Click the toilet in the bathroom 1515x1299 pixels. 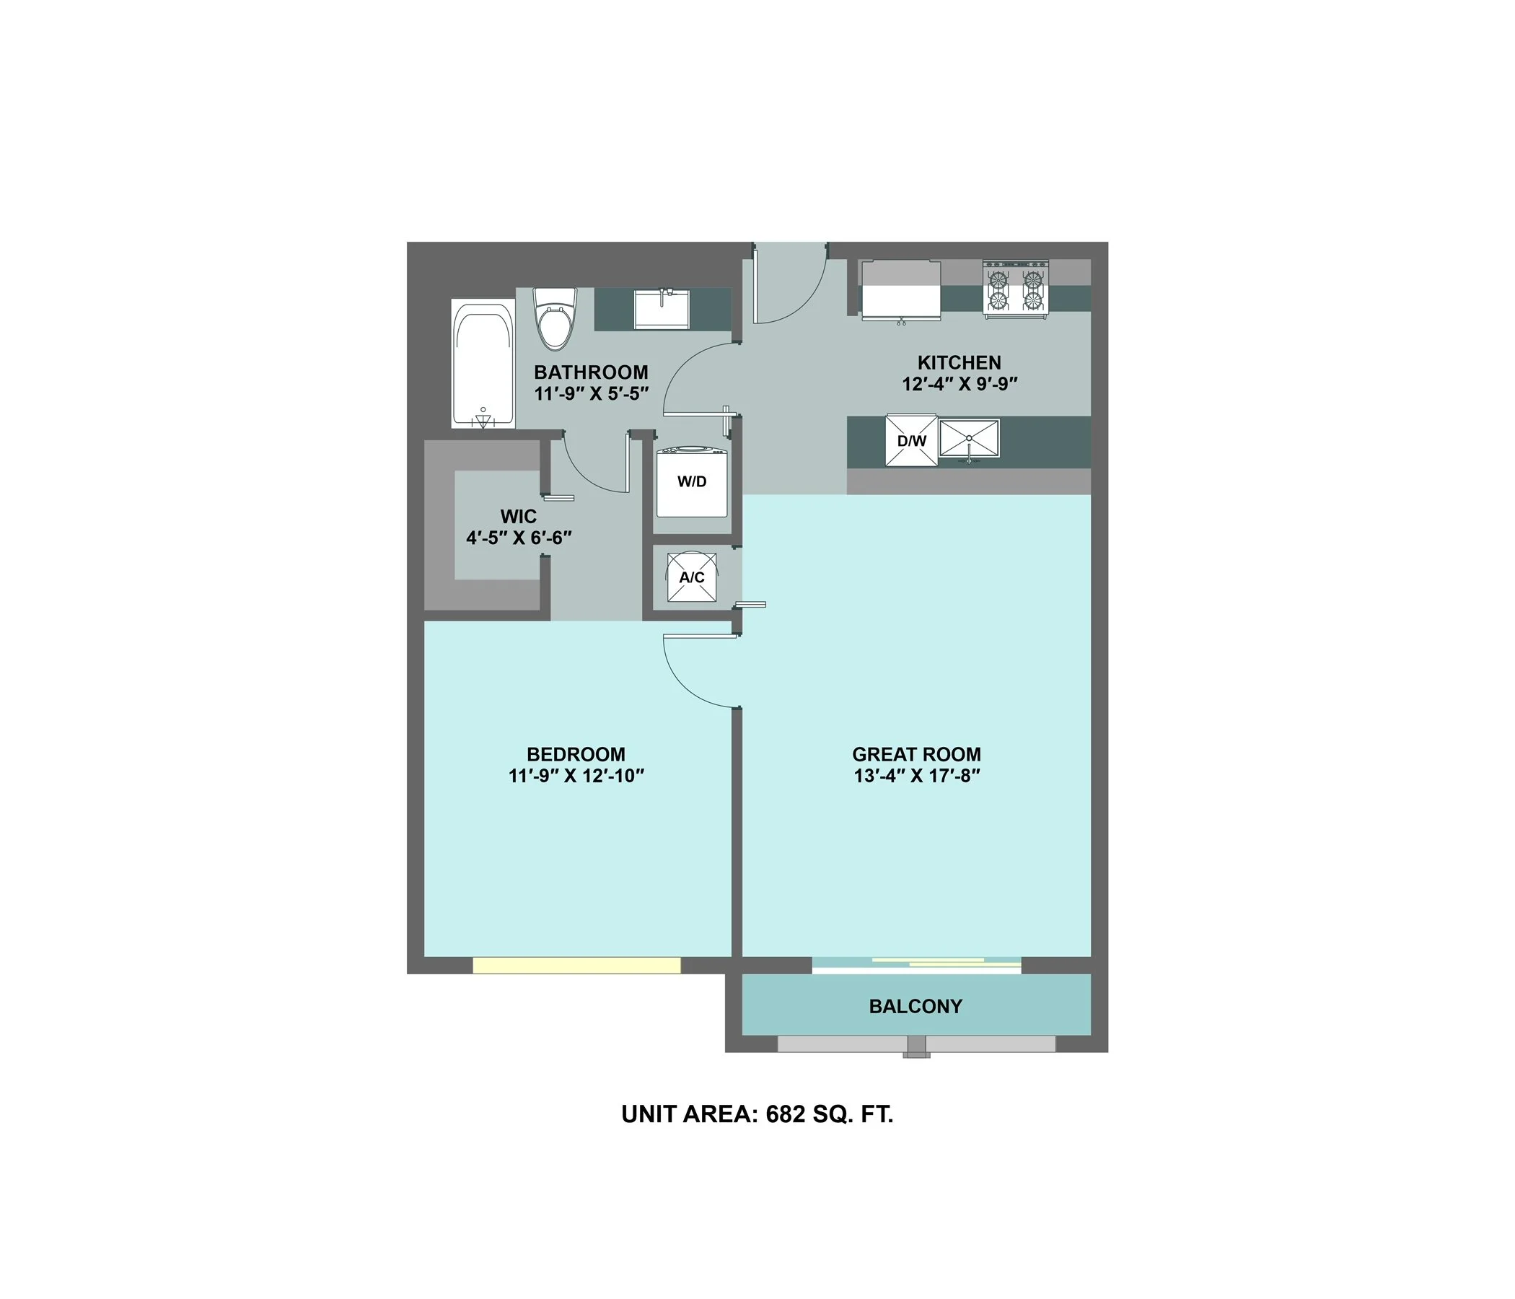point(555,320)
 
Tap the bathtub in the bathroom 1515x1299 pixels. point(483,364)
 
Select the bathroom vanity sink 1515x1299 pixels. point(662,309)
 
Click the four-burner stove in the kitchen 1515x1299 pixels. point(1016,289)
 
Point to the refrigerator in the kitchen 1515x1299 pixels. point(900,290)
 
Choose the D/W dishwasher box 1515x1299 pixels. point(911,440)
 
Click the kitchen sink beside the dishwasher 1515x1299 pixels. point(969,439)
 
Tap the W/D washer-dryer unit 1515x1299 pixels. point(692,483)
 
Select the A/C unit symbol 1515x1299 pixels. point(692,578)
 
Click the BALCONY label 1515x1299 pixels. point(915,1007)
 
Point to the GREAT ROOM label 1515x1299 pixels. point(916,754)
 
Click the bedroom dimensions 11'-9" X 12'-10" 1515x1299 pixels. point(576,775)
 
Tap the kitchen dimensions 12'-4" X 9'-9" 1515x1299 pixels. point(959,384)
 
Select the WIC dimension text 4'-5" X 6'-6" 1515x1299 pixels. point(519,538)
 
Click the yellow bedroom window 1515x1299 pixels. point(576,966)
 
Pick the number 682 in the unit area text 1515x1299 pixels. point(786,1114)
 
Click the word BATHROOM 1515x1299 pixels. point(591,372)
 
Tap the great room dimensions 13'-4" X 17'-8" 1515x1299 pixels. point(916,775)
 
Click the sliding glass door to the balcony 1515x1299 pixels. point(916,964)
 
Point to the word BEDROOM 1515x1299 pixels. point(576,754)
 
